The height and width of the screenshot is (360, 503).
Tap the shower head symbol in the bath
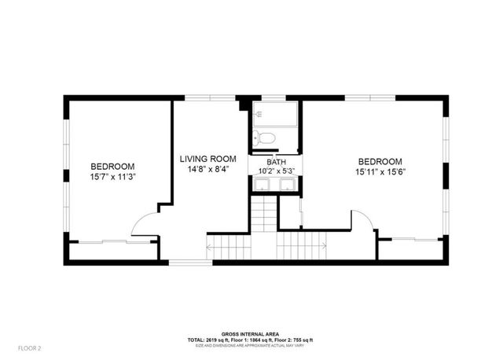coord(259,115)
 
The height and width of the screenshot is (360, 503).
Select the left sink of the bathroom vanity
coord(261,186)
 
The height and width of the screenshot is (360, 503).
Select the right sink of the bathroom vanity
coord(287,186)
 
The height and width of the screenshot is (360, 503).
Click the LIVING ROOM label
coord(208,157)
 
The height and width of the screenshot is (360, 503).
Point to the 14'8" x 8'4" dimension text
coord(208,169)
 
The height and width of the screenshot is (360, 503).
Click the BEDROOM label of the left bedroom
coord(112,166)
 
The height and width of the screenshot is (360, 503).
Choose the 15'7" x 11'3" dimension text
coord(112,178)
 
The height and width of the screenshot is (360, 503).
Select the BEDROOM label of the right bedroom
coord(380,161)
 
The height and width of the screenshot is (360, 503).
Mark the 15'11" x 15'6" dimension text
coord(380,173)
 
